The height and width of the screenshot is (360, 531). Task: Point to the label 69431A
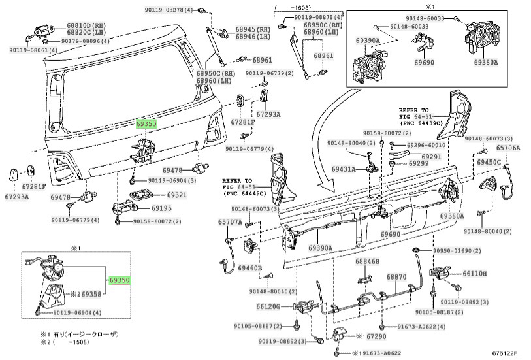point(344,169)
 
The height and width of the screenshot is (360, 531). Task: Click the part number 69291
point(430,157)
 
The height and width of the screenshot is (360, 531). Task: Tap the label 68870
point(396,277)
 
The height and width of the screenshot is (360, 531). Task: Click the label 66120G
point(268,306)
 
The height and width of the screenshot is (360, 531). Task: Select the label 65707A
point(230,222)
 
